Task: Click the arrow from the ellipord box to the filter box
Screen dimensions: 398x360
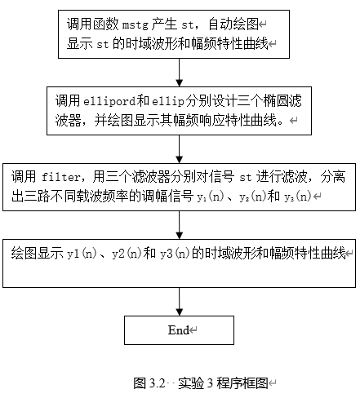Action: (179, 146)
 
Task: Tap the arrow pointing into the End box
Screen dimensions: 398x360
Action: (179, 300)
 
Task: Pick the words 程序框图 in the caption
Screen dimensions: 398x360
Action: (245, 382)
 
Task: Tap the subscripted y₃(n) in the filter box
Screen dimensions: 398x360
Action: (296, 197)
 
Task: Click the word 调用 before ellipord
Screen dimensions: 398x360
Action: (68, 102)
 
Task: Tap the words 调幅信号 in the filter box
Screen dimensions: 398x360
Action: (164, 197)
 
